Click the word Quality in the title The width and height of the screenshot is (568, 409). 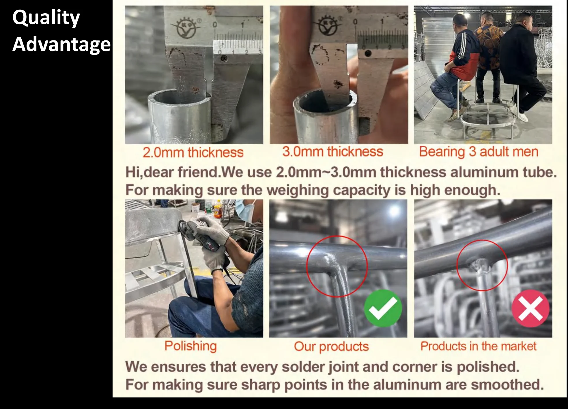46,18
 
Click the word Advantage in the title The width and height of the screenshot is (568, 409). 61,44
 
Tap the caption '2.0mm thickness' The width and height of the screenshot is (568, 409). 193,152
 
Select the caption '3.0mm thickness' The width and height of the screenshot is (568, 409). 333,152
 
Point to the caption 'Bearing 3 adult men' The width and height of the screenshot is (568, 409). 479,152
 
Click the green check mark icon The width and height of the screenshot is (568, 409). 383,308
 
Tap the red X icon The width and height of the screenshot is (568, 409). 530,308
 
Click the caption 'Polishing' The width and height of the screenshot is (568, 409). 190,346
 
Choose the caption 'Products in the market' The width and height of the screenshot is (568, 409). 478,346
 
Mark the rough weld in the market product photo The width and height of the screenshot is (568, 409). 480,265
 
